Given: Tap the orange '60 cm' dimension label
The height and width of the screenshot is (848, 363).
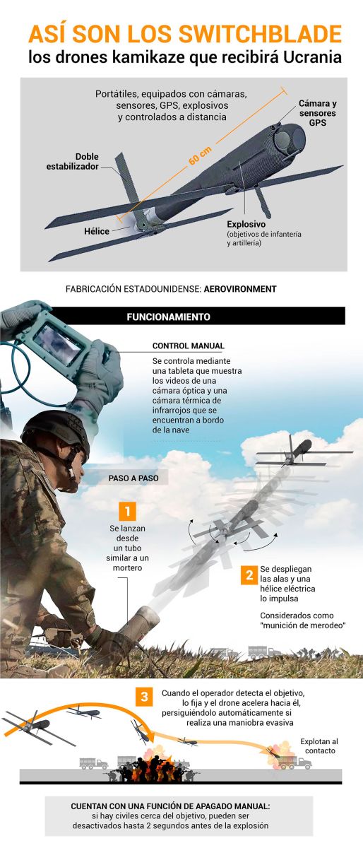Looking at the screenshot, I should point(199,155).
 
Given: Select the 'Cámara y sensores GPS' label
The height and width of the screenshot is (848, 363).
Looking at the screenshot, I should point(317,112).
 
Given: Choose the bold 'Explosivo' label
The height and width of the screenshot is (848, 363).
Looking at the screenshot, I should point(246,223).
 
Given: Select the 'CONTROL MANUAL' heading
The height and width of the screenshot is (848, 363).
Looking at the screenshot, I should point(189,346).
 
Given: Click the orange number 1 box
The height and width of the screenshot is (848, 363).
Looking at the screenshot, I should point(127,511).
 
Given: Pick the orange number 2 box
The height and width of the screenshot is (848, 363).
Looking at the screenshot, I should point(249,575).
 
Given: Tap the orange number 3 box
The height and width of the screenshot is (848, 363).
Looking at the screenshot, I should point(144,697).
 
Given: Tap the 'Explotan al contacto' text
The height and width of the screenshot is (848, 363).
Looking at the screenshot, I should point(319,746).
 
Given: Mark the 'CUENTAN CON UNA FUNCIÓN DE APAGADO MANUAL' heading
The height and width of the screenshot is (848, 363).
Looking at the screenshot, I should point(181,806).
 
